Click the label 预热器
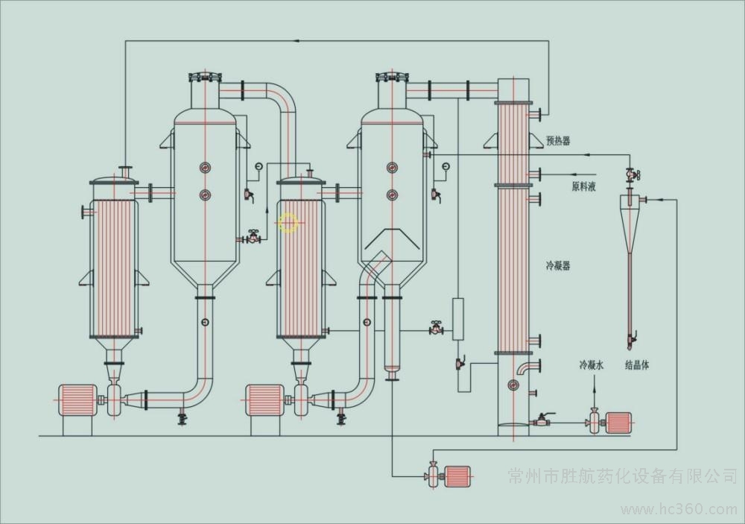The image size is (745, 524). [557, 139]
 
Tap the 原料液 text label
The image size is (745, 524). [583, 186]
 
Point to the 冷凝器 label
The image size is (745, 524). [557, 265]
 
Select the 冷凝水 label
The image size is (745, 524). [593, 366]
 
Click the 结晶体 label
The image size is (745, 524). [637, 366]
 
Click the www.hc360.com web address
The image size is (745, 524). [683, 510]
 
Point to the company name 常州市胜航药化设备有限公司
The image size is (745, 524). [622, 475]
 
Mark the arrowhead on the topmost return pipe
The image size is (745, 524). [297, 40]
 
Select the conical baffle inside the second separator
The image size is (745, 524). [390, 241]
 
